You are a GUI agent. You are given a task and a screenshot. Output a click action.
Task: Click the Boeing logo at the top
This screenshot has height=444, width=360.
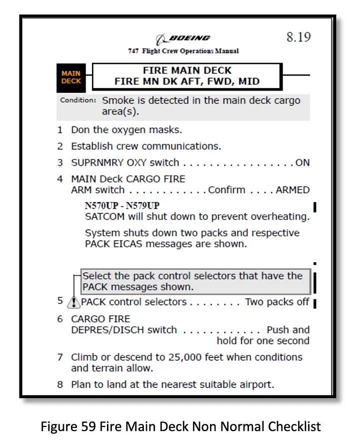click(183, 39)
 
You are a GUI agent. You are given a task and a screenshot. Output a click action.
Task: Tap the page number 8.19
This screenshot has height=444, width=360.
click(298, 37)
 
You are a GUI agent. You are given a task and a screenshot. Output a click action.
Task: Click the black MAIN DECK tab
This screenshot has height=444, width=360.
click(71, 77)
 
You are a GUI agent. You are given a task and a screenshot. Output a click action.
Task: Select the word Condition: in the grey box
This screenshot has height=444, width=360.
click(78, 100)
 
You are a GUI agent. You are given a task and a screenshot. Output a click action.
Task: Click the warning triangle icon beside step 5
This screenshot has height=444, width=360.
click(74, 302)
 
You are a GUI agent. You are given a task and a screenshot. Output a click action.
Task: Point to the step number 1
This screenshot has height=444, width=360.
click(60, 130)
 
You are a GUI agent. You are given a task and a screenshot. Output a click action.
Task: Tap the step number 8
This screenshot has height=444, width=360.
click(60, 384)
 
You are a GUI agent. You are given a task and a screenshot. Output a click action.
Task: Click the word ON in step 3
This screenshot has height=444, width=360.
click(302, 163)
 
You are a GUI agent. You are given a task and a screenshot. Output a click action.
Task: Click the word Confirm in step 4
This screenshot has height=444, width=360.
click(227, 190)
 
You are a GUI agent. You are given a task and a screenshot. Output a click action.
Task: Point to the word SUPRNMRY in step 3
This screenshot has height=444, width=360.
click(97, 163)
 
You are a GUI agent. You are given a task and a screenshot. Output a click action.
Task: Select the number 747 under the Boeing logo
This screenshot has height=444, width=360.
click(133, 51)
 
